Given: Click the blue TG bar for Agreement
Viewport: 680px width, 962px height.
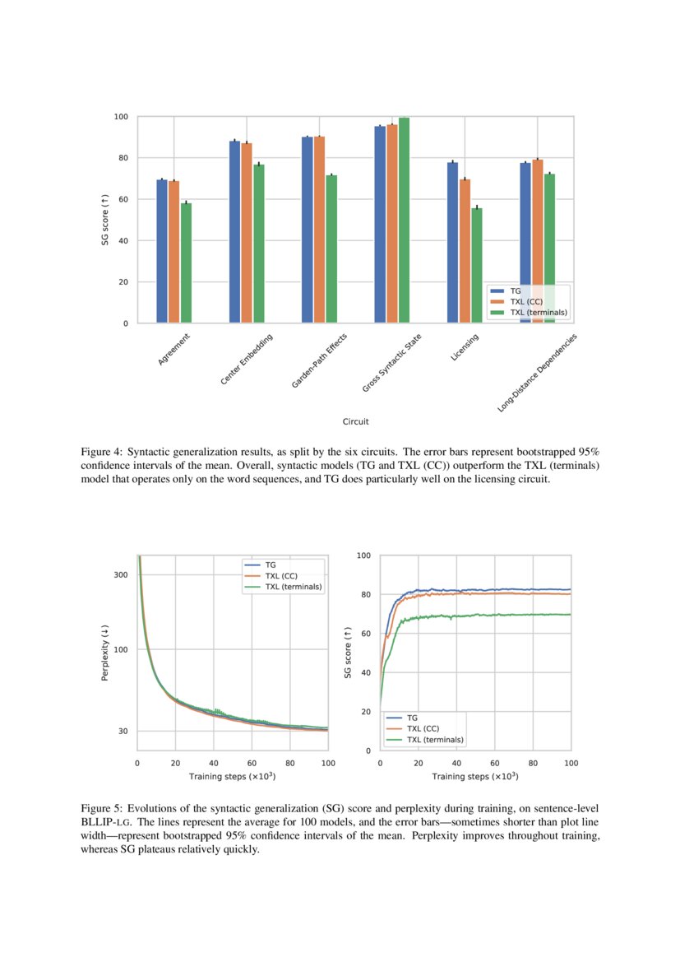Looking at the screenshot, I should click(161, 251).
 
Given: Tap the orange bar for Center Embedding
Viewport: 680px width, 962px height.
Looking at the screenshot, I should click(247, 233).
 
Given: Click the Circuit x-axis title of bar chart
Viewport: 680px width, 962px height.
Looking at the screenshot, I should click(355, 421).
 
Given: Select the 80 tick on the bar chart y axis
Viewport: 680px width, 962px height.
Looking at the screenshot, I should click(121, 158).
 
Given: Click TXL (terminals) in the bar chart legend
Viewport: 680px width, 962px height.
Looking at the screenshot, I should click(539, 312).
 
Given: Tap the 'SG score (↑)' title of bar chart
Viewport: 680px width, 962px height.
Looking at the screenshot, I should click(104, 221).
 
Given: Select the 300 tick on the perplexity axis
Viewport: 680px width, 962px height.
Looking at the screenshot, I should click(120, 575).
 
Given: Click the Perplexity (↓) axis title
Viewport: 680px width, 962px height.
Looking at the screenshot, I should click(104, 653).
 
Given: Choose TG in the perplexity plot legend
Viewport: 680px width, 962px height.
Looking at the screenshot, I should click(270, 565).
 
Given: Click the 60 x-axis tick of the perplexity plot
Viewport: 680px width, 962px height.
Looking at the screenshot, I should click(252, 763).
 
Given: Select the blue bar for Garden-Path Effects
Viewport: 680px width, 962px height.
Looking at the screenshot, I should click(307, 230).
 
